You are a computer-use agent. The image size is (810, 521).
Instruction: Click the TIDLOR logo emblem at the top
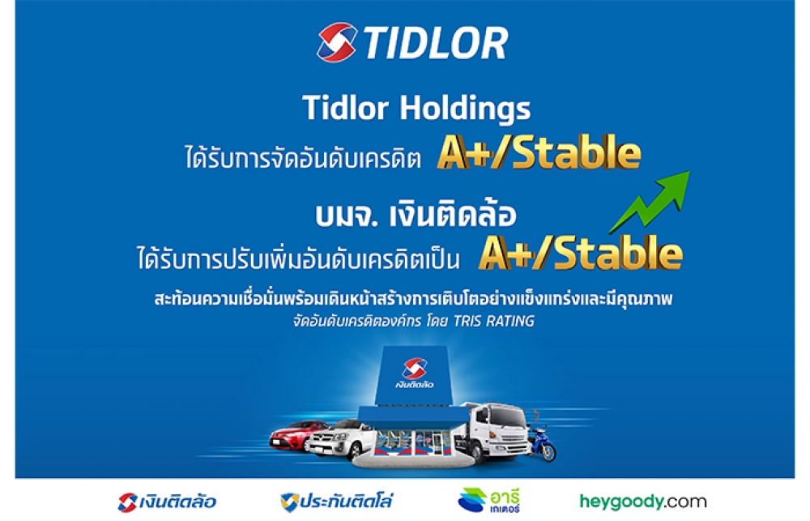336,42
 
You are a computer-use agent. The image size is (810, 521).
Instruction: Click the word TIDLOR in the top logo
436,43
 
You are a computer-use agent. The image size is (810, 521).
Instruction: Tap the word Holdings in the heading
465,109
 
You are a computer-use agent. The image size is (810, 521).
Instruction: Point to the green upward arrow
650,202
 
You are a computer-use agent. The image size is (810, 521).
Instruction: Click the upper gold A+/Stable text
539,152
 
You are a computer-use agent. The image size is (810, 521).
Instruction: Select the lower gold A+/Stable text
581,253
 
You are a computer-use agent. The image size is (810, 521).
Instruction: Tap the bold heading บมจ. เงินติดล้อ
416,215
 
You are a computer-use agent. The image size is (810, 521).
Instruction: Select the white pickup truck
342,439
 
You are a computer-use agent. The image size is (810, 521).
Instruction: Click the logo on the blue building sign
414,374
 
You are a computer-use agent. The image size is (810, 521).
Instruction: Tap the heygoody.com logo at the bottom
642,502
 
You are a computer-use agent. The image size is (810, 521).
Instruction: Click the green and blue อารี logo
488,500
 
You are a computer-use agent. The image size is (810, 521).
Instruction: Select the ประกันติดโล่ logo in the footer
337,502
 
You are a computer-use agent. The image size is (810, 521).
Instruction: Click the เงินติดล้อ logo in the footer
167,502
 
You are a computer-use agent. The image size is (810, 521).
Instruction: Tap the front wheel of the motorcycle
548,453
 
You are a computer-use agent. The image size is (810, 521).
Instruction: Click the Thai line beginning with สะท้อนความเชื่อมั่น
413,299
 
